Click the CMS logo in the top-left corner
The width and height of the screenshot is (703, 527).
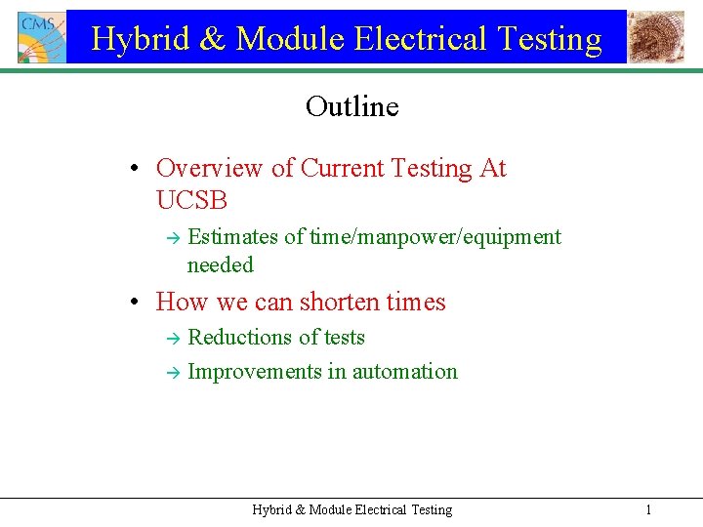coord(41,37)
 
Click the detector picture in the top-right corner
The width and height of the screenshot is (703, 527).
coord(655,37)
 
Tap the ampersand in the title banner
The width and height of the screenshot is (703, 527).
coord(215,39)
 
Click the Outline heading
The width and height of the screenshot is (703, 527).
coord(351,105)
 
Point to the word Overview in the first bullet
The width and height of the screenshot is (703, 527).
coord(210,168)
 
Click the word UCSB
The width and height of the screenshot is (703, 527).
coord(191,200)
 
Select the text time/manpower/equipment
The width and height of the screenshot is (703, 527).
coord(435,237)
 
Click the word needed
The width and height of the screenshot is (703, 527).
coord(220,265)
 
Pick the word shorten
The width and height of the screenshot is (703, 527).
coord(334,302)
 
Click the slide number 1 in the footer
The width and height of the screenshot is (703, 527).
coord(648,509)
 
